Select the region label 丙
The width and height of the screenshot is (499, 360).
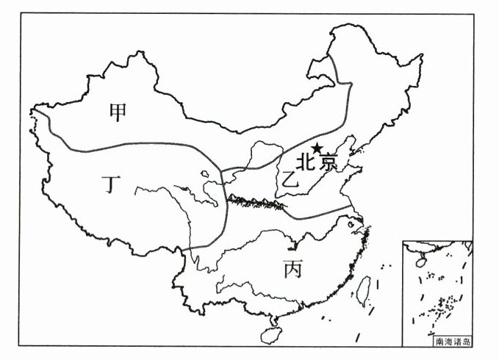[291, 270]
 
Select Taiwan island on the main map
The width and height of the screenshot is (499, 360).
[364, 289]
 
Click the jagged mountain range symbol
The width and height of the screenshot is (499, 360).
[254, 199]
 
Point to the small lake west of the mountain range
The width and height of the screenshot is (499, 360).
[207, 176]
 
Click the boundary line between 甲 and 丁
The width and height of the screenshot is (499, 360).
[147, 143]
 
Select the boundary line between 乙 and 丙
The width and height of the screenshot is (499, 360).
[309, 215]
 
